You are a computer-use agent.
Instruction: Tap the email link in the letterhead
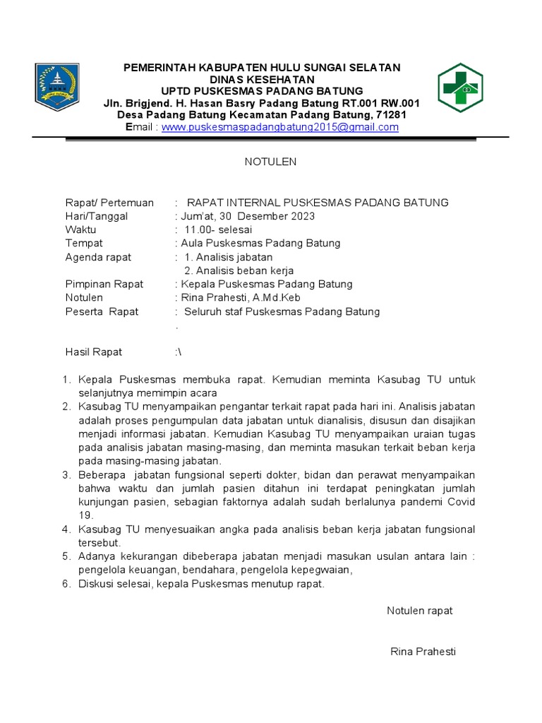pyautogui.click(x=280, y=127)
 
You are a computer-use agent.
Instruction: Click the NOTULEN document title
pyautogui.click(x=270, y=162)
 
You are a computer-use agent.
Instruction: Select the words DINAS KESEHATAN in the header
pyautogui.click(x=262, y=79)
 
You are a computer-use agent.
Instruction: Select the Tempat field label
pyautogui.click(x=84, y=243)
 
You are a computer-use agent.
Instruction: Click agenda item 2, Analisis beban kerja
pyautogui.click(x=239, y=270)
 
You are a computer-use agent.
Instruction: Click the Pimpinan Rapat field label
pyautogui.click(x=104, y=284)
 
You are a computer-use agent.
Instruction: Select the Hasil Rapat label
pyautogui.click(x=94, y=352)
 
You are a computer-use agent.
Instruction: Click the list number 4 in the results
pyautogui.click(x=66, y=530)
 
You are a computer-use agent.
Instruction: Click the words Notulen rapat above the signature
pyautogui.click(x=420, y=611)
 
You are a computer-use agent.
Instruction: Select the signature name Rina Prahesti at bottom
pyautogui.click(x=423, y=652)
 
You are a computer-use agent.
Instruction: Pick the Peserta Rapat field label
pyautogui.click(x=102, y=311)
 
